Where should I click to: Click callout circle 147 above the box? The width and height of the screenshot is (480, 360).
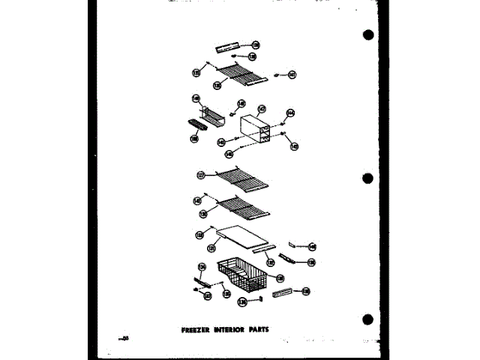(x=262, y=109)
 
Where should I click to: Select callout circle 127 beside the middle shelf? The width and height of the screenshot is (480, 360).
(x=200, y=177)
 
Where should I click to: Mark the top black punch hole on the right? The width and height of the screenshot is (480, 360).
(x=367, y=35)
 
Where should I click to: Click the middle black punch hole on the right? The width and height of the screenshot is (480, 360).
(x=367, y=178)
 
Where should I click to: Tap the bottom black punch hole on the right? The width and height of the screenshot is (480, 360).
(x=367, y=320)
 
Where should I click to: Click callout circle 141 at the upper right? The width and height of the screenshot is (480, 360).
(x=292, y=74)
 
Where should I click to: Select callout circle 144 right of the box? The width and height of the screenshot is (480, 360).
(x=290, y=114)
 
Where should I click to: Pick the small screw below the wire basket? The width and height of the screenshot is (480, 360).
(x=259, y=298)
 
